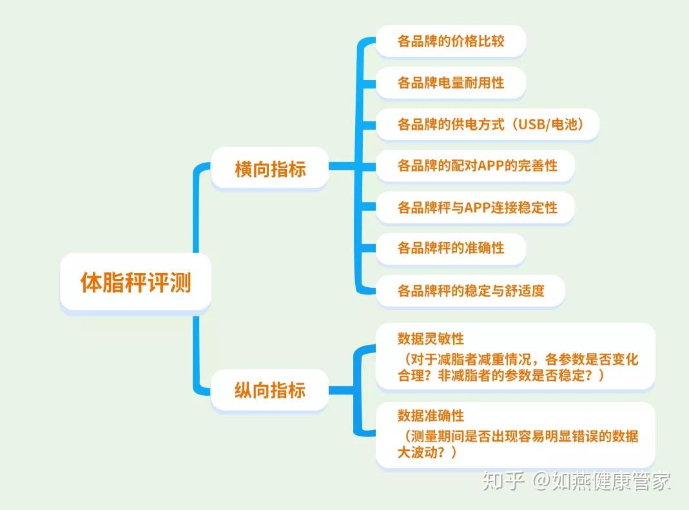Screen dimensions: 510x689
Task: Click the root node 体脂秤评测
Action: [135, 283]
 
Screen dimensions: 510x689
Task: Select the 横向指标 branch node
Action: [269, 169]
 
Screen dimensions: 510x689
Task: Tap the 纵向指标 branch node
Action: [269, 390]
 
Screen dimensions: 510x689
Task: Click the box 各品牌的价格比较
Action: [451, 42]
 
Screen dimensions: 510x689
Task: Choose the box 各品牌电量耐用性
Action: [451, 83]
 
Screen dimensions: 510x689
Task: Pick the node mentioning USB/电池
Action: [487, 124]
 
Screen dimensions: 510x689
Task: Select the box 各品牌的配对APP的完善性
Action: [475, 166]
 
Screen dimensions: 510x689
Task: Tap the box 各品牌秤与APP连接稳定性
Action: [475, 207]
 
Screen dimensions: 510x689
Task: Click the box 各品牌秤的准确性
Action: [451, 248]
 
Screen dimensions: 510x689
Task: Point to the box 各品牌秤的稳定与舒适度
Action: [471, 290]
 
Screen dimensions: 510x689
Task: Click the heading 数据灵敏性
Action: [431, 339]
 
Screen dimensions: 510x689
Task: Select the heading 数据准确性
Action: [431, 414]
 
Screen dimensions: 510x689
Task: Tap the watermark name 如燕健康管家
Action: [612, 481]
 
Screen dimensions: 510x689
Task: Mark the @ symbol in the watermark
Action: [540, 482]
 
